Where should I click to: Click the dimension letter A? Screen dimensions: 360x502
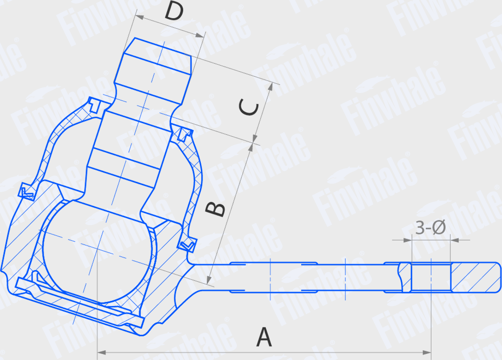click(264, 337)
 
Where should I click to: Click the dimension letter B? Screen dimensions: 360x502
click(215, 209)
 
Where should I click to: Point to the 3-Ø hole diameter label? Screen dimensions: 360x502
click(430, 227)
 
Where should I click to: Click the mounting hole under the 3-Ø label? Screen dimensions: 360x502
click(431, 278)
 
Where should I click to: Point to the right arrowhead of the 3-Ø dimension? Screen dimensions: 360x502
click(455, 240)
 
